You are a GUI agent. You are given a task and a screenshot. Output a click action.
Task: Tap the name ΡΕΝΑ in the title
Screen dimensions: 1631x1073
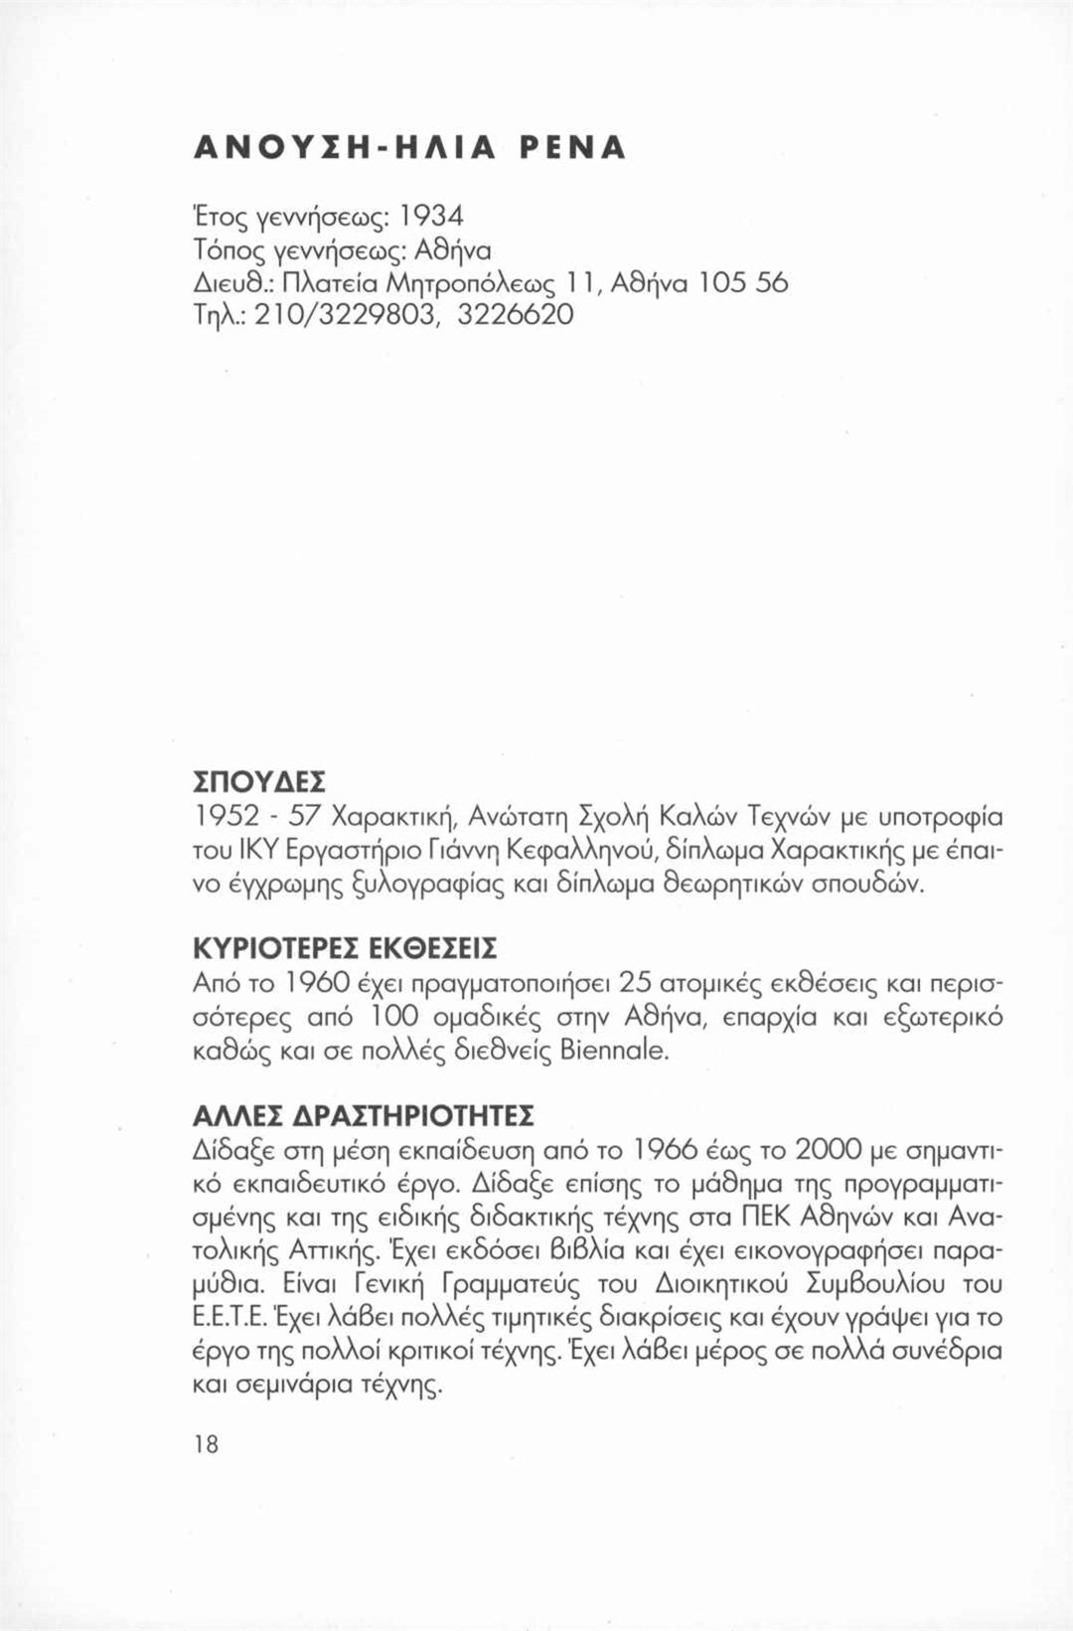coord(573,148)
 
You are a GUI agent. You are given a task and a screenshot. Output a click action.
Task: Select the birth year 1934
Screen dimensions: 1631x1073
coord(431,216)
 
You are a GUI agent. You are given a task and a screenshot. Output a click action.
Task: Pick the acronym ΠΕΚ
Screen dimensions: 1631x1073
coord(761,1218)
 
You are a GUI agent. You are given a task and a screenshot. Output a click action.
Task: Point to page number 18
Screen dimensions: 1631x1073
coord(206,1444)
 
